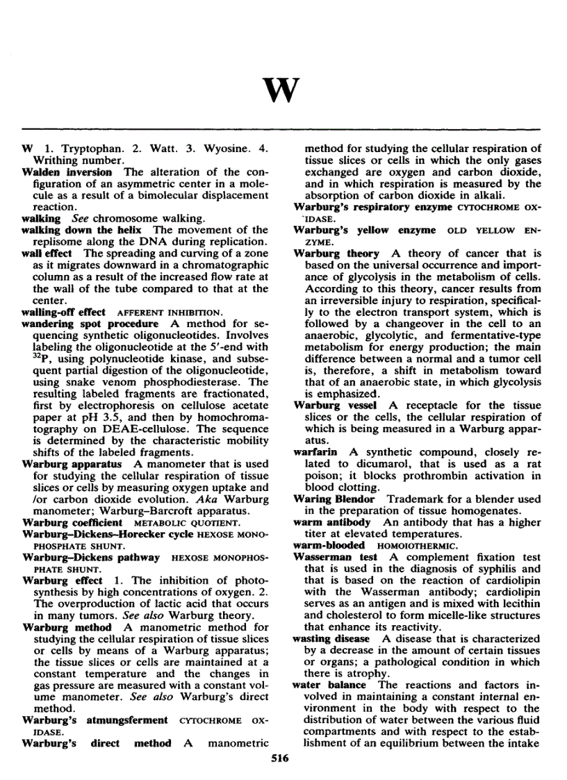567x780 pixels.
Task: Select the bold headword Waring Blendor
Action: (x=334, y=499)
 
